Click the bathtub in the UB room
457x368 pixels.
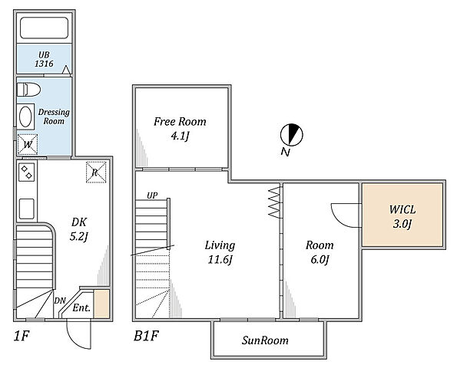pyautogui.click(x=44, y=28)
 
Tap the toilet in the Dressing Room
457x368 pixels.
pyautogui.click(x=28, y=90)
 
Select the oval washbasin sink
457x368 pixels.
pyautogui.click(x=25, y=117)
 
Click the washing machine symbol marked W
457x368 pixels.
pyautogui.click(x=28, y=144)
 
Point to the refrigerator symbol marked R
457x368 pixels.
pyautogui.click(x=96, y=172)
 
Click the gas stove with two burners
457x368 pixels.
pyautogui.click(x=27, y=172)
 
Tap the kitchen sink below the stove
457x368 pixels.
pyautogui.click(x=27, y=209)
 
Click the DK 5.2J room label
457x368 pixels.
pyautogui.click(x=78, y=229)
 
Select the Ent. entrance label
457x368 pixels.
pyautogui.click(x=81, y=307)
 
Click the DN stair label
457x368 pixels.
pyautogui.click(x=60, y=301)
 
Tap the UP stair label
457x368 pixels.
pyautogui.click(x=152, y=195)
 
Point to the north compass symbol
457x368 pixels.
pyautogui.click(x=291, y=135)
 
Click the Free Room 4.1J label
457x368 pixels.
pyautogui.click(x=180, y=128)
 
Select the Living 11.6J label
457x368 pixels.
pyautogui.click(x=220, y=252)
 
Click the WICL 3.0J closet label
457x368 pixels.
pyautogui.click(x=402, y=216)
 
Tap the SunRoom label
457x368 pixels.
pyautogui.click(x=265, y=340)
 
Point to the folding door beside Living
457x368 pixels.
pyautogui.click(x=274, y=202)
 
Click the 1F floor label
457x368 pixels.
pyautogui.click(x=22, y=336)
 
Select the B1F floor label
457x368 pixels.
pyautogui.click(x=146, y=336)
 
